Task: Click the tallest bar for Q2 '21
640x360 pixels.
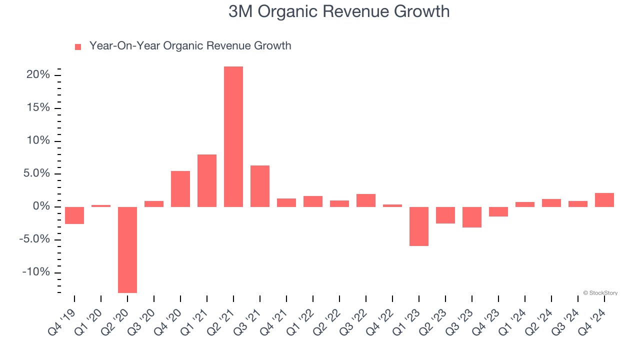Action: point(233,136)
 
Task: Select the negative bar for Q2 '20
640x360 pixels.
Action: point(127,249)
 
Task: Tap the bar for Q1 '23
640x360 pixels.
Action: point(419,226)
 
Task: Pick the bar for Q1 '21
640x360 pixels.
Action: point(207,180)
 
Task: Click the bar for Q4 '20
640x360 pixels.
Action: point(180,188)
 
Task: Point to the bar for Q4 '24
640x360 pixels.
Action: point(604,200)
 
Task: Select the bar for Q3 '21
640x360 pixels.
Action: point(260,186)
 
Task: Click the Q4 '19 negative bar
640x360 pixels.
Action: point(74,215)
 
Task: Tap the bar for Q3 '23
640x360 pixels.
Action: point(472,217)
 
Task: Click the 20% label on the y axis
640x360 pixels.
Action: point(38,75)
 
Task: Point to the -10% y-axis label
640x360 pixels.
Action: point(36,272)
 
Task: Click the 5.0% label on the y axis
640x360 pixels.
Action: point(37,173)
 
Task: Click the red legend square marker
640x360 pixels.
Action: point(78,47)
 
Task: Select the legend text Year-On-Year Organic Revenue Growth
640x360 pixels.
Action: point(190,46)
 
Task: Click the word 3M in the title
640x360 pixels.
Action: point(240,11)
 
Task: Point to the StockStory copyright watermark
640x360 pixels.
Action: point(600,293)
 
